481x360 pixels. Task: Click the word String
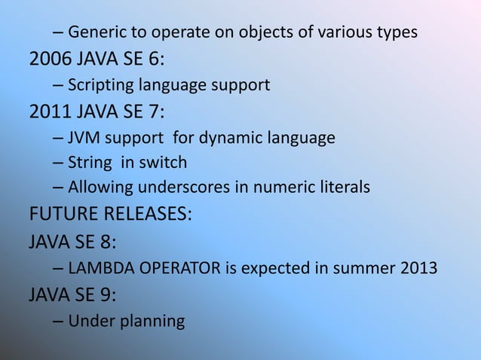click(89, 163)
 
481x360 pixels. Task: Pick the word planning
click(151, 322)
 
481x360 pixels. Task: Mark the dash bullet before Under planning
click(59, 322)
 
